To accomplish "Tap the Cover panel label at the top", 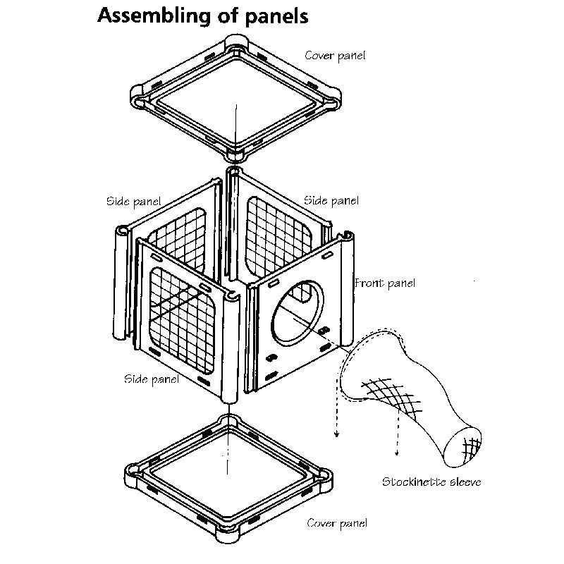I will pyautogui.click(x=335, y=55).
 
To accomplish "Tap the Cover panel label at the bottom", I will pyautogui.click(x=337, y=523).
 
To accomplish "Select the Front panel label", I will pyautogui.click(x=385, y=283).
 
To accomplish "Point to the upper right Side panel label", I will pyautogui.click(x=331, y=201).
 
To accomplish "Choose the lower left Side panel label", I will pyautogui.click(x=151, y=379).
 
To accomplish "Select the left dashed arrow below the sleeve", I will pyautogui.click(x=336, y=416).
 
